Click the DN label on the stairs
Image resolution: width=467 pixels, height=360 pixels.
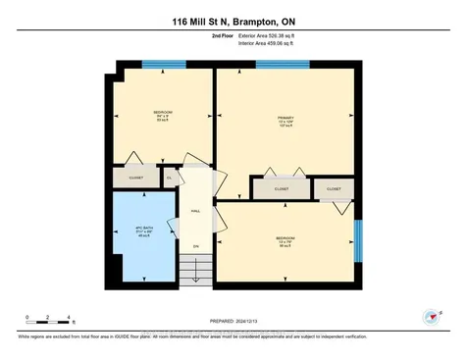pos(195,245)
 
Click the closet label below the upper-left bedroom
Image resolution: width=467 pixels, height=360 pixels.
pos(135,179)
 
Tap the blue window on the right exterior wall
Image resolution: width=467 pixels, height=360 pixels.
pos(359,241)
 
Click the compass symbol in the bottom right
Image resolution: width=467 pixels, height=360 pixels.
pos(430,316)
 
